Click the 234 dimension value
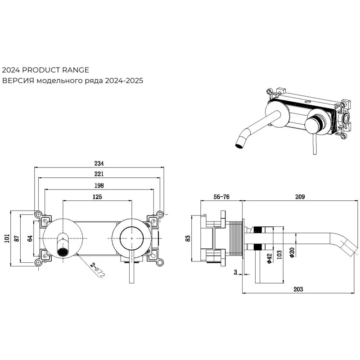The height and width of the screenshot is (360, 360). pyautogui.click(x=99, y=163)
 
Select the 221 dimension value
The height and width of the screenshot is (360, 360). pyautogui.click(x=99, y=174)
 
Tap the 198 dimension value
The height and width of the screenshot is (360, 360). pyautogui.click(x=99, y=185)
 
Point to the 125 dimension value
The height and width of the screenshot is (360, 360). pyautogui.click(x=97, y=197)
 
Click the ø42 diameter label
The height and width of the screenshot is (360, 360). pyautogui.click(x=269, y=258)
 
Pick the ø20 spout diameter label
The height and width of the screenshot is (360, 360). pyautogui.click(x=292, y=253)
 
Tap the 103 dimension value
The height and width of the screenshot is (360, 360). pyautogui.click(x=280, y=255)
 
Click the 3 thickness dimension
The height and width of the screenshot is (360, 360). pyautogui.click(x=235, y=272)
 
